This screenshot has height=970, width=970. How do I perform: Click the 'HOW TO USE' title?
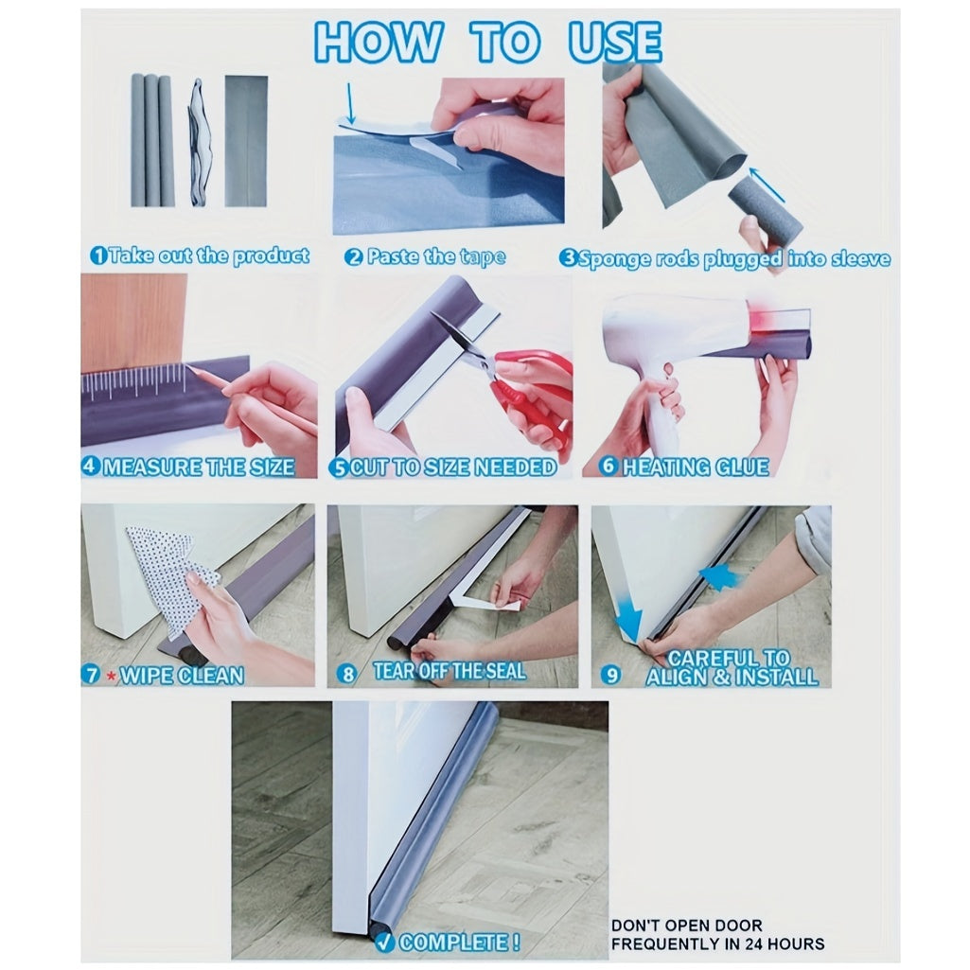(487, 42)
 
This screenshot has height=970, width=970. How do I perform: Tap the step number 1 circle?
(97, 256)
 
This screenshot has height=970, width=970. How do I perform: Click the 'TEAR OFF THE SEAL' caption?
(449, 672)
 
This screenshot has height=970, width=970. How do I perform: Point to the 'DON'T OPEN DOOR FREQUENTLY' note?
(716, 934)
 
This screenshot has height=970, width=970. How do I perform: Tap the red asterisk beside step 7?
(112, 677)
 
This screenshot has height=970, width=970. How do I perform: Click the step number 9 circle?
(611, 675)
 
